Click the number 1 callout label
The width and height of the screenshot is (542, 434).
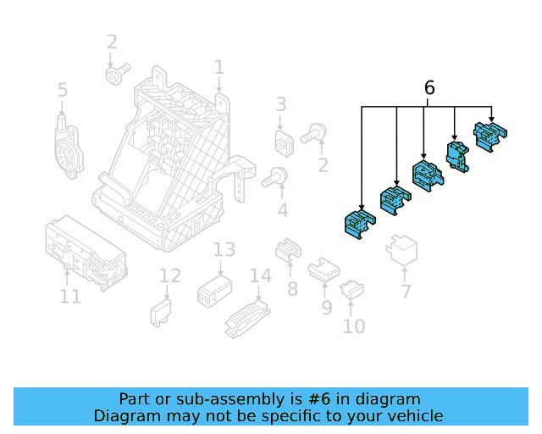pyautogui.click(x=218, y=67)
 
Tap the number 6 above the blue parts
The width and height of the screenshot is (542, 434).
pyautogui.click(x=429, y=88)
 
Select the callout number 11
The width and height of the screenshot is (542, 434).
pyautogui.click(x=70, y=297)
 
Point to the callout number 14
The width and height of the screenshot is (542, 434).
pyautogui.click(x=261, y=275)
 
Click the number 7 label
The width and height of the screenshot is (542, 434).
pyautogui.click(x=406, y=292)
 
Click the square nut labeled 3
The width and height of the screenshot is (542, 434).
pyautogui.click(x=283, y=142)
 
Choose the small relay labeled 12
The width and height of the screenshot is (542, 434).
pyautogui.click(x=162, y=311)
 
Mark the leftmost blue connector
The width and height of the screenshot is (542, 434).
pyautogui.click(x=358, y=225)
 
